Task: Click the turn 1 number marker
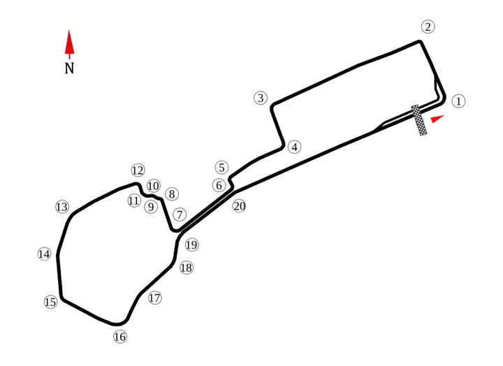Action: click(x=458, y=101)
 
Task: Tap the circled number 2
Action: click(x=428, y=27)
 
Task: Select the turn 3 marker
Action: click(x=261, y=98)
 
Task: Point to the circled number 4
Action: click(x=295, y=147)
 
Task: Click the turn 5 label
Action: click(x=221, y=168)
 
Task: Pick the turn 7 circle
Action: click(x=180, y=215)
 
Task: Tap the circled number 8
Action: click(x=172, y=194)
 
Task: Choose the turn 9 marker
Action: click(x=150, y=206)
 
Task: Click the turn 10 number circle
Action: click(x=154, y=186)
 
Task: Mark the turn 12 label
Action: click(x=138, y=170)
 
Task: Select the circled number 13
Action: click(x=63, y=207)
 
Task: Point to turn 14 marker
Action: click(x=44, y=254)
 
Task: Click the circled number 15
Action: click(x=50, y=302)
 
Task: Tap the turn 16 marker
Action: click(x=120, y=337)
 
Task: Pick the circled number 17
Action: click(x=155, y=298)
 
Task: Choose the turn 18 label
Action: click(x=186, y=267)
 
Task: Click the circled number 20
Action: click(x=239, y=206)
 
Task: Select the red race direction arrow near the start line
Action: click(x=437, y=119)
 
